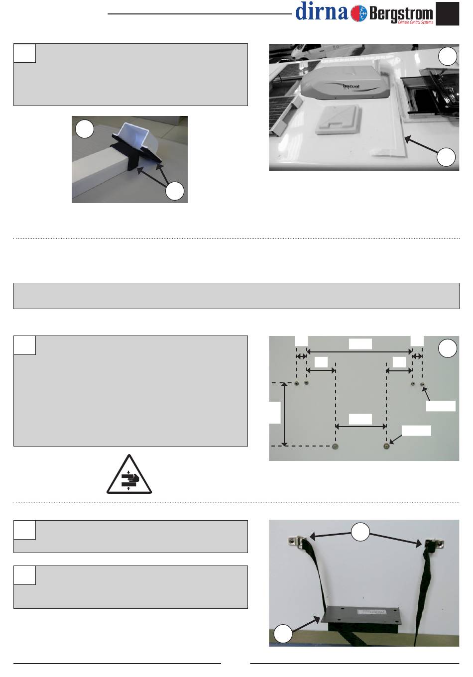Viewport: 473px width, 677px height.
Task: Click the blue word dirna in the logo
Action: [x=322, y=11]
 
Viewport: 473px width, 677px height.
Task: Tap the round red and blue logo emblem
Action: [x=359, y=13]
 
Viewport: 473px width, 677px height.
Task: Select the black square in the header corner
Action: [x=447, y=13]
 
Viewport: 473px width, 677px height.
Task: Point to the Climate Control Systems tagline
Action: [x=415, y=22]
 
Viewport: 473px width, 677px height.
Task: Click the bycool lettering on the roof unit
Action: [x=351, y=87]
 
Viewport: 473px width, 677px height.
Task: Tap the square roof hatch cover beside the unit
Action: [x=338, y=119]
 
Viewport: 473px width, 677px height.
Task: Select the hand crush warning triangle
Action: [x=129, y=475]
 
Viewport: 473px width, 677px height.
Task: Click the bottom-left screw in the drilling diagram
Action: [x=335, y=447]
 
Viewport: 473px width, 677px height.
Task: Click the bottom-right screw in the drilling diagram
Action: [x=386, y=446]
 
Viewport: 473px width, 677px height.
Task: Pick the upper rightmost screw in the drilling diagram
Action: [x=423, y=384]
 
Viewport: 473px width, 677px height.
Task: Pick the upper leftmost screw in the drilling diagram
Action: [x=297, y=383]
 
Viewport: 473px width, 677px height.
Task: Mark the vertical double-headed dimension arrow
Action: [x=284, y=414]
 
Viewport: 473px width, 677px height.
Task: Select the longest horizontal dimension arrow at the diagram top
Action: [x=359, y=351]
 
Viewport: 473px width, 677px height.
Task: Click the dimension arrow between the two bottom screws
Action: [x=361, y=427]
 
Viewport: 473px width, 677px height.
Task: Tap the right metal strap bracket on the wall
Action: [x=434, y=544]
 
